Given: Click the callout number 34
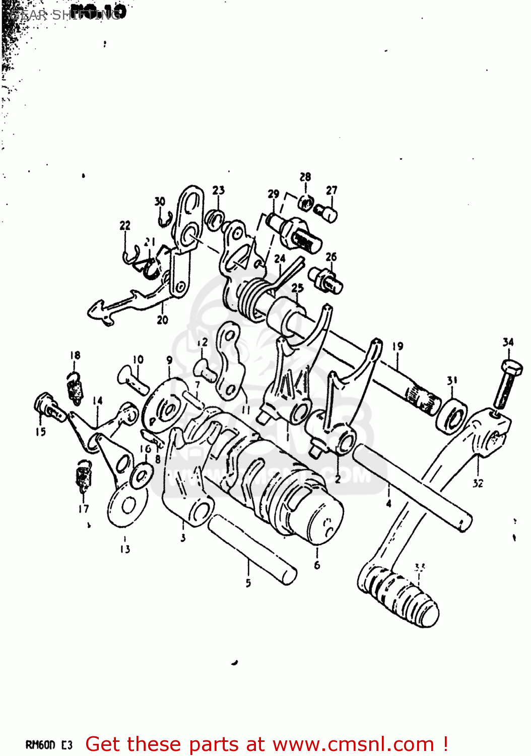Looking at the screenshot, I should (x=508, y=342).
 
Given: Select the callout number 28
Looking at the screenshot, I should (x=305, y=177).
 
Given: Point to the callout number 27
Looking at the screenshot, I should (x=331, y=190).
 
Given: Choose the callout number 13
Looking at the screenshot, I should (x=125, y=549).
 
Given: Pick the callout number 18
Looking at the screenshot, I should (x=75, y=355).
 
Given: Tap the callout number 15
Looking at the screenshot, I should (x=40, y=431).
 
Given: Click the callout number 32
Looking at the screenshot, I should (x=478, y=483).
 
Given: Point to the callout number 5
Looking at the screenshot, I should (x=248, y=583).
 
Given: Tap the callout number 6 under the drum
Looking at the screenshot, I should (x=317, y=565).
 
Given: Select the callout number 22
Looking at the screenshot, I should (x=125, y=226).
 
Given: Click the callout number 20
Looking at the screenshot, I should (x=162, y=320).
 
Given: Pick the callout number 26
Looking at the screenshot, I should (x=331, y=257).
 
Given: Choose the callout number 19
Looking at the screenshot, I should (x=397, y=346).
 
